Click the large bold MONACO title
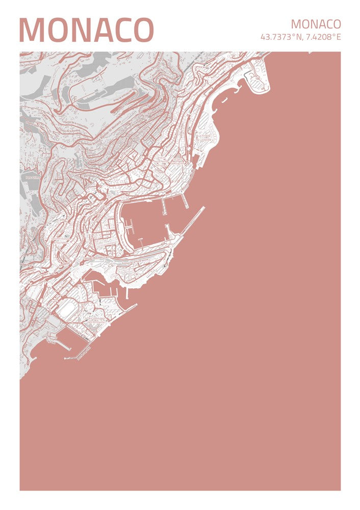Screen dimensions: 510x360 pos(86,30)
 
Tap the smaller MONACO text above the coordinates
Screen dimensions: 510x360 pos(316,24)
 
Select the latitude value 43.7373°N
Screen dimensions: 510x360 pos(281,37)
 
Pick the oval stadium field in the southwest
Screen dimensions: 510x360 pos(65,309)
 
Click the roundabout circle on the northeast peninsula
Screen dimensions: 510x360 pos(256,79)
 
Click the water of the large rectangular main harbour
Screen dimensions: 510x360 pos(148,219)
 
